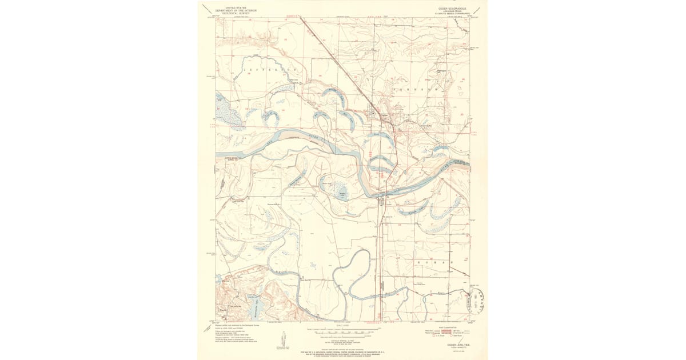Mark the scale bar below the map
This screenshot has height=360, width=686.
(x=343, y=331)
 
